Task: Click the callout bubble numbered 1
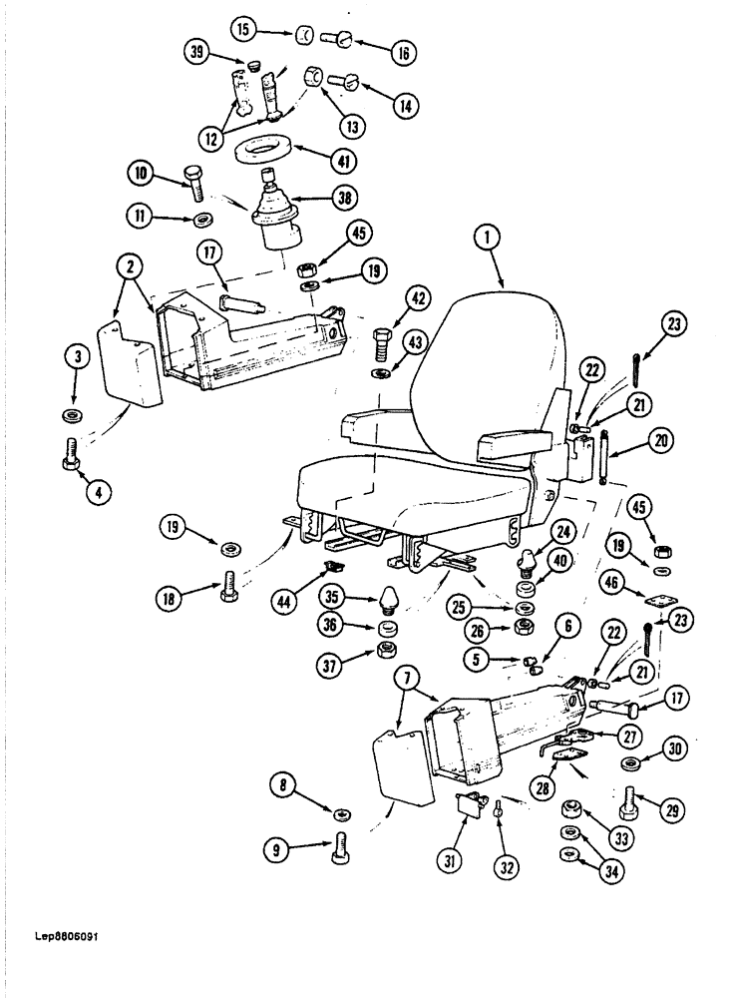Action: click(x=486, y=239)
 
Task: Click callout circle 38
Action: click(x=345, y=199)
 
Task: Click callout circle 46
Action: click(x=610, y=581)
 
